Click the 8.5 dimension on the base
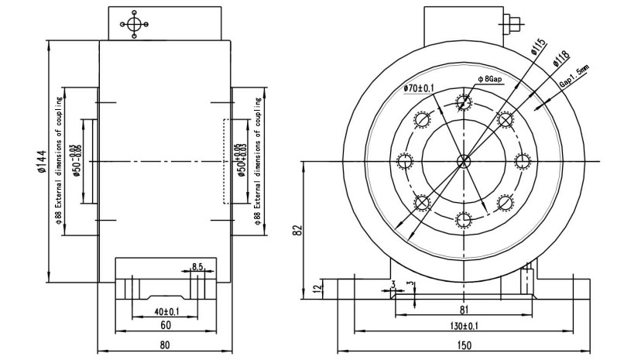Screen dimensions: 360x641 click(197, 267)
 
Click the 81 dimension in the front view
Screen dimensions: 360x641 click(463, 310)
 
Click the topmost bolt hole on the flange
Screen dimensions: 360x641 click(463, 101)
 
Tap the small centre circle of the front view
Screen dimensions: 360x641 click(463, 161)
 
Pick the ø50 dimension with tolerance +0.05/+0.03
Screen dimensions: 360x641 click(242, 162)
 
